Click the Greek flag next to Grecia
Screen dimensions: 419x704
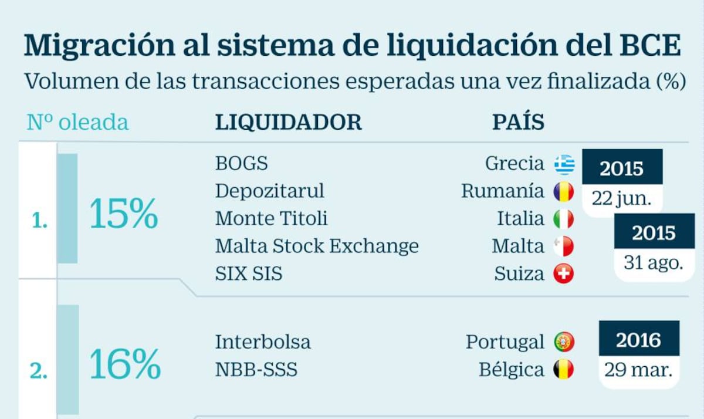coord(564,164)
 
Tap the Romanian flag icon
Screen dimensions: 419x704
coord(564,191)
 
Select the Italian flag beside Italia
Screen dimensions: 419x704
coord(564,219)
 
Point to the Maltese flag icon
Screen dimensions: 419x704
coord(564,246)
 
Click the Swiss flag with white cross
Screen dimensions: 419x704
coord(564,273)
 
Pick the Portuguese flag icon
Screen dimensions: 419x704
coord(564,342)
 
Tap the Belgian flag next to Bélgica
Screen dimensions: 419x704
coord(564,370)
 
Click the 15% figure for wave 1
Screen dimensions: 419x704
coord(124,215)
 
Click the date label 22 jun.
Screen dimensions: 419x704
coord(622,198)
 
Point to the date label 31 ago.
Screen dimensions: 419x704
coord(654,262)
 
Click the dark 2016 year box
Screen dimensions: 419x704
coord(638,340)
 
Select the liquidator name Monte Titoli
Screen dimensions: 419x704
coord(271,219)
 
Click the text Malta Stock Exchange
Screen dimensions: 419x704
coord(317,246)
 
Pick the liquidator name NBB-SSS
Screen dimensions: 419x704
coord(256,370)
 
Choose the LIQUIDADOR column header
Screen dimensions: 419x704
coord(289,122)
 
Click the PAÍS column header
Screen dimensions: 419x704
coord(517,122)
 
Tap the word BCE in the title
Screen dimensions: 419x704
coord(648,46)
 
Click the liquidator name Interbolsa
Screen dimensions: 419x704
coord(263,342)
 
